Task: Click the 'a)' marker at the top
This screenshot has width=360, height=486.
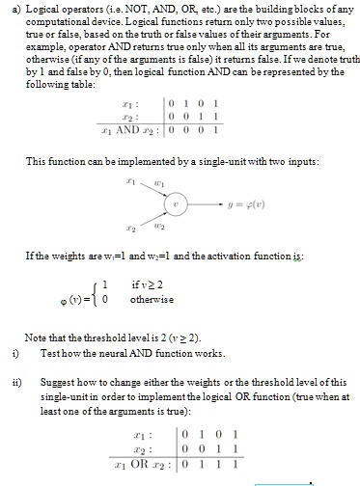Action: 11,6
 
